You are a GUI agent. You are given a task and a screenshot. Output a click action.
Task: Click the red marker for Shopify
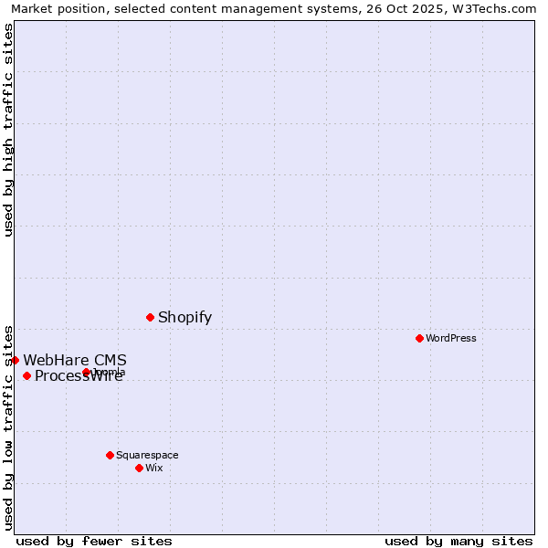[150, 317]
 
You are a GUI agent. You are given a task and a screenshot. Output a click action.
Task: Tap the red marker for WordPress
[419, 338]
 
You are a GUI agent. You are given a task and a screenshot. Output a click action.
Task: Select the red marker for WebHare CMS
[16, 360]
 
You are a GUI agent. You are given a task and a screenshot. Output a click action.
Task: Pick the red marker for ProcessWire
[26, 375]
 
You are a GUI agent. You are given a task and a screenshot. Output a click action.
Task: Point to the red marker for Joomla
[86, 372]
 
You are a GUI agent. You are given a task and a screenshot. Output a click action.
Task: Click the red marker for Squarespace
[110, 455]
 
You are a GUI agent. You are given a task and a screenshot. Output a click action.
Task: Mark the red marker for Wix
[139, 468]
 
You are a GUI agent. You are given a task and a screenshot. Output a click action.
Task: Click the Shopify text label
[184, 318]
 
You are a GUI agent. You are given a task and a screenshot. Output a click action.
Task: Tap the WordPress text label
[451, 339]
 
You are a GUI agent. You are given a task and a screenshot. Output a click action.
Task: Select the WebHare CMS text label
[75, 360]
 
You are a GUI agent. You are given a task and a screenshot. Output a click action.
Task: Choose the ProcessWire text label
[79, 376]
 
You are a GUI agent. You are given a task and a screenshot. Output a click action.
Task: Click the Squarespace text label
[147, 455]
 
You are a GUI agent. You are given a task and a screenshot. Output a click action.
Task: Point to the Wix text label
[154, 468]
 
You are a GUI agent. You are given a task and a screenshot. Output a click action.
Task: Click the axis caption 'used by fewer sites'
[94, 541]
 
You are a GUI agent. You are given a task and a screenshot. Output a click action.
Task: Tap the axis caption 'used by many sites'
[458, 541]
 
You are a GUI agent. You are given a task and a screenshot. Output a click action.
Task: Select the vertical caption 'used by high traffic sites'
[9, 130]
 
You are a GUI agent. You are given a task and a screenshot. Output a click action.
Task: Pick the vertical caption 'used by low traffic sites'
[9, 427]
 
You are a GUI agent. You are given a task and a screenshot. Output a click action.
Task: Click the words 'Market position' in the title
[56, 9]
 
